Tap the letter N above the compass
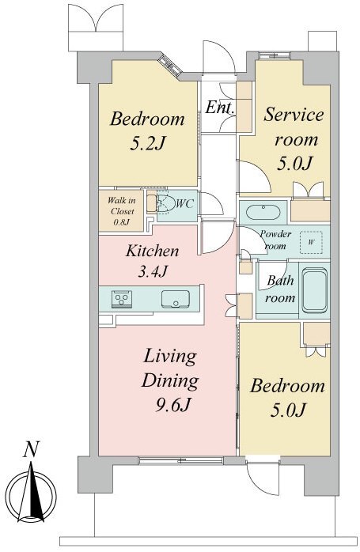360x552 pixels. [31, 449]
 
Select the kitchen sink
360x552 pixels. [176, 299]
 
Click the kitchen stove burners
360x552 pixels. [122, 299]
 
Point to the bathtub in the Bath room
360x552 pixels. [315, 290]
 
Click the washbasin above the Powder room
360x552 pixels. [263, 212]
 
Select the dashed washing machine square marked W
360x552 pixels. [311, 242]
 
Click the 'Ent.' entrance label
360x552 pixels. [219, 107]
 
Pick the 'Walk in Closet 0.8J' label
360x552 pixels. [121, 211]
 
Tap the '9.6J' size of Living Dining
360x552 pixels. [173, 405]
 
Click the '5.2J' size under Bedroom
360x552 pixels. [147, 143]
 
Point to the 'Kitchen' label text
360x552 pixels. [152, 251]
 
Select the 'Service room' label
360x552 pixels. [294, 127]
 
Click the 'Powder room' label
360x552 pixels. [275, 240]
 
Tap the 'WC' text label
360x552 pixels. [184, 203]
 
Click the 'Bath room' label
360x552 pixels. [280, 289]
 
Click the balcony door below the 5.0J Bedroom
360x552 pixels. [263, 474]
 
